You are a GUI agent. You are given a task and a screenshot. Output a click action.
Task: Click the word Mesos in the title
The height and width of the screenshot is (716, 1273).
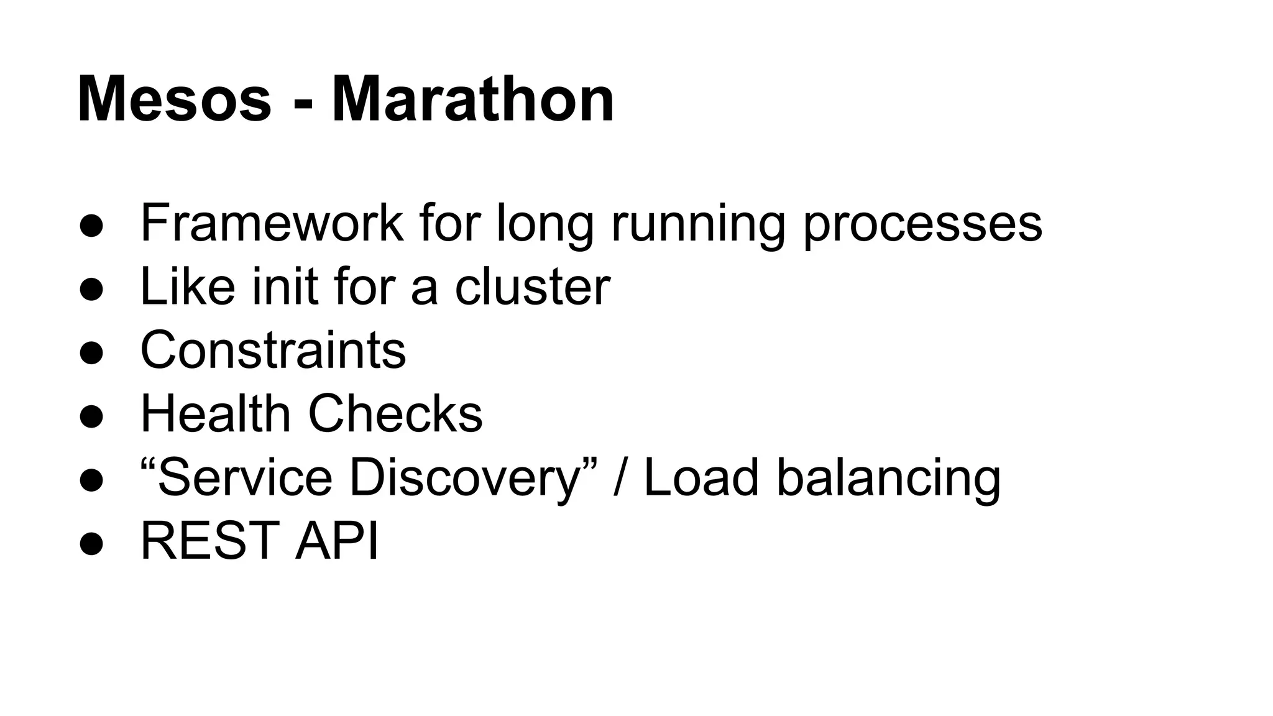click(175, 99)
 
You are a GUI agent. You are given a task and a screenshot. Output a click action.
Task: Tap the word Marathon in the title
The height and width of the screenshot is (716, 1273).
click(473, 99)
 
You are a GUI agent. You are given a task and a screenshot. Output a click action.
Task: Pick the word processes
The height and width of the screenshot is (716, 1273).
click(922, 225)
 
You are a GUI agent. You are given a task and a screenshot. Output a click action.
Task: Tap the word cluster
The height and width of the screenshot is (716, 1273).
click(532, 287)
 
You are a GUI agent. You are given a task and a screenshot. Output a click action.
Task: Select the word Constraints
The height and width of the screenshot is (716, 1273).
click(273, 350)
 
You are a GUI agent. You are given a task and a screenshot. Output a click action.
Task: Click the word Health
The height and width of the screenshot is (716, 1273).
click(216, 413)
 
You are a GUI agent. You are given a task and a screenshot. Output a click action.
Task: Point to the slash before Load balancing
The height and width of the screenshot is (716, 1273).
click(620, 477)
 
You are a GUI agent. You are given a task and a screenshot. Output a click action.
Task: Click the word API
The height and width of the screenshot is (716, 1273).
click(336, 541)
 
